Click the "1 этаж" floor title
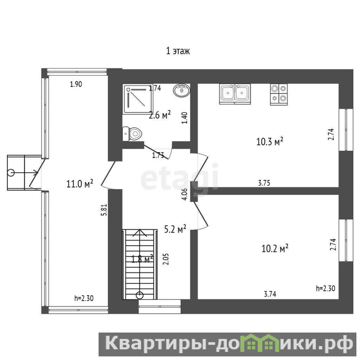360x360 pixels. [x=178, y=51]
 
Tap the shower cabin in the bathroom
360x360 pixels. [x=138, y=99]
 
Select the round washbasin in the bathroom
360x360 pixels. [x=182, y=90]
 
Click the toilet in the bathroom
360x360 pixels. [x=132, y=134]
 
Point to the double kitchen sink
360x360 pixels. [x=234, y=94]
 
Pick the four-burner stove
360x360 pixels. [x=279, y=94]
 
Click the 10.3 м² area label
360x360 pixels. [x=270, y=141]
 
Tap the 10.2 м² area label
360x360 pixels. [x=275, y=248]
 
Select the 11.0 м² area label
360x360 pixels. [x=80, y=184]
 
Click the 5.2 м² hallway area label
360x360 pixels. [x=175, y=229]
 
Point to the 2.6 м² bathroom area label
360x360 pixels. [x=160, y=115]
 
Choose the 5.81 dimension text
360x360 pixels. [x=104, y=210]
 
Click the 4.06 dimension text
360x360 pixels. [x=184, y=194]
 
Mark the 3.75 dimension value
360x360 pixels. [x=264, y=183]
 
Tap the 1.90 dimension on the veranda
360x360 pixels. [x=76, y=84]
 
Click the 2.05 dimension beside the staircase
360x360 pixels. [x=166, y=259]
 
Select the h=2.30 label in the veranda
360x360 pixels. [x=84, y=298]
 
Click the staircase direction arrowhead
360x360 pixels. [x=139, y=232]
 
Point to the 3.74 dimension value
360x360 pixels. [x=270, y=294]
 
